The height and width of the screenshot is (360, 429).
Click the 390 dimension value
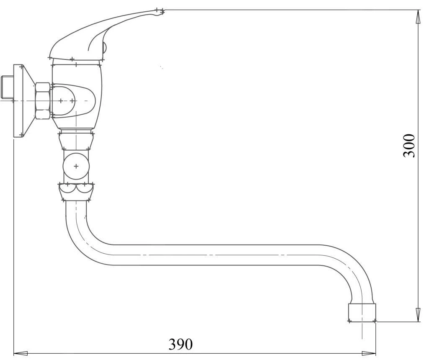[x=180, y=344]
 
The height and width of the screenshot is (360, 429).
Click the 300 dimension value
[x=409, y=145]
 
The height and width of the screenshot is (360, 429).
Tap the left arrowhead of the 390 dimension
[x=21, y=353]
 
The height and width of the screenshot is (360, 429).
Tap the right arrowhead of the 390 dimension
[x=369, y=353]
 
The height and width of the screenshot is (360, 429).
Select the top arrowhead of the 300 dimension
[x=418, y=17]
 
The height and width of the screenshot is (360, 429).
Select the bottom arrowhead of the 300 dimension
[x=418, y=315]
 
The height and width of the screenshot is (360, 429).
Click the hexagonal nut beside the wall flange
[x=43, y=101]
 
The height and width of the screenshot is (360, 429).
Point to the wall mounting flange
[x=24, y=101]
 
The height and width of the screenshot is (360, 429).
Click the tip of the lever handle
[x=163, y=11]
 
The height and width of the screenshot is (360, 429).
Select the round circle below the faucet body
[x=76, y=166]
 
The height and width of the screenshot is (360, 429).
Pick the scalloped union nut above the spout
[x=76, y=192]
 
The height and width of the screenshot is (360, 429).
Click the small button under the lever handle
[x=104, y=47]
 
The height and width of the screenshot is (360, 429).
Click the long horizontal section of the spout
[x=213, y=255]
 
